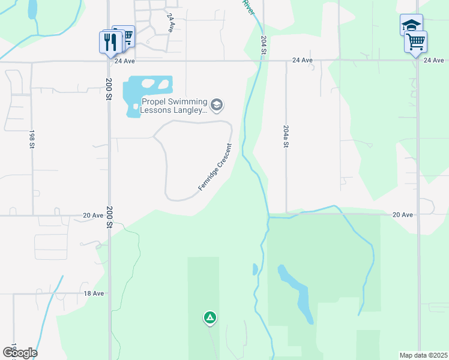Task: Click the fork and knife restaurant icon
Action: (x=110, y=42)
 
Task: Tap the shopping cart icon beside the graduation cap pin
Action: (x=415, y=42)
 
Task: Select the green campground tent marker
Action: (x=209, y=317)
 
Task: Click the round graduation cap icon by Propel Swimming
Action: (x=217, y=106)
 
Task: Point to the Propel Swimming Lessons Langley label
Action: (x=173, y=106)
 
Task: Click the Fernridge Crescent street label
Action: (x=215, y=168)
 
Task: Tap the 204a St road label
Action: (x=286, y=136)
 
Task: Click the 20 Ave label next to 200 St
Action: (x=94, y=215)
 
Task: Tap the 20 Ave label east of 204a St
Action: (x=402, y=215)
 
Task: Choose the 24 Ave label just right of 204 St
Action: (x=303, y=61)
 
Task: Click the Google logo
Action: (x=20, y=353)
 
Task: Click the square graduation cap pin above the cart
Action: (x=411, y=25)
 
